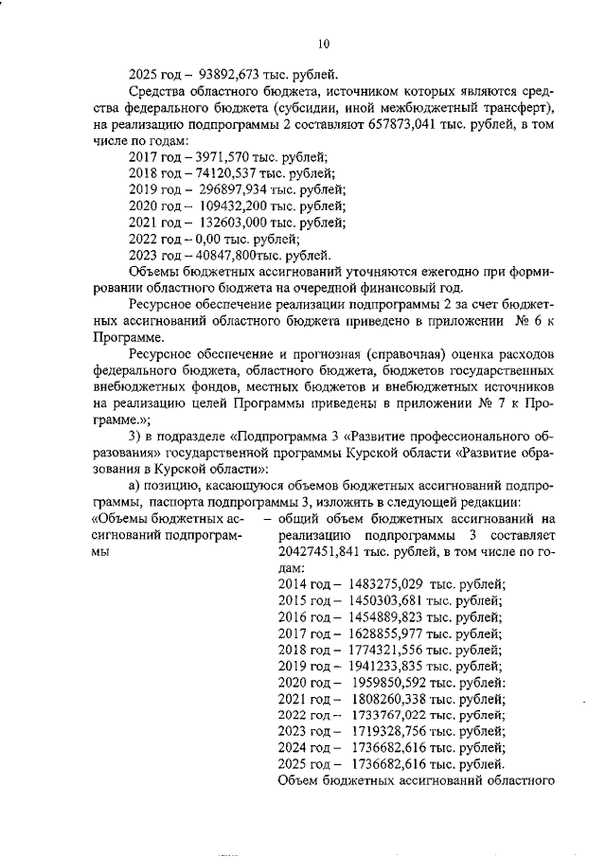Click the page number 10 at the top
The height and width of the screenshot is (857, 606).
[x=324, y=43]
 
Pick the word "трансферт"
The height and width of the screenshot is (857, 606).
[x=510, y=106]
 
